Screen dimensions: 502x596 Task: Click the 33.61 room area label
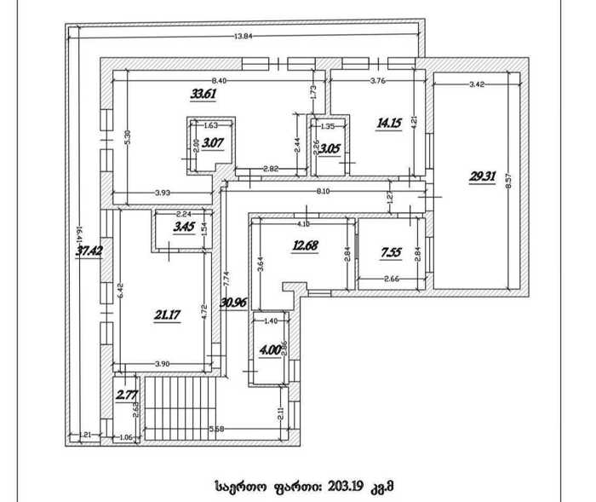(203, 95)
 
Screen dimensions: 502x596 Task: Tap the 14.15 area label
(390, 123)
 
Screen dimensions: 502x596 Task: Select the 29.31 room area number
(481, 177)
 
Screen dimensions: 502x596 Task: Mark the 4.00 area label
(269, 349)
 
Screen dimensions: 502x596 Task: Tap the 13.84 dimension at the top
(243, 36)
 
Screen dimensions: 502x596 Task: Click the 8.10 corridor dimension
(323, 192)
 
